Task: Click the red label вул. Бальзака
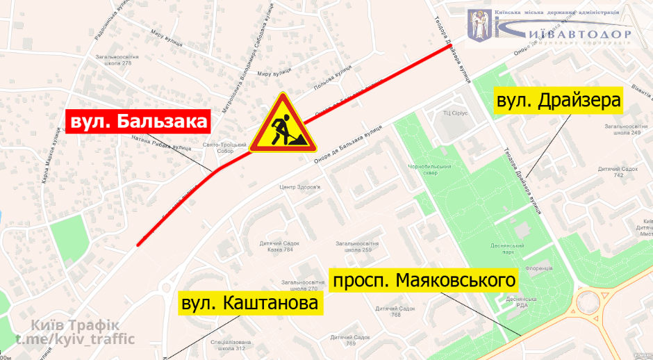tap(138, 122)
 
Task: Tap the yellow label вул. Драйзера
tap(557, 101)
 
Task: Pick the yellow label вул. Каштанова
tap(251, 304)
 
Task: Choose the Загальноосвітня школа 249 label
tap(621, 129)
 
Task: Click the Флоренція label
tap(538, 268)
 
